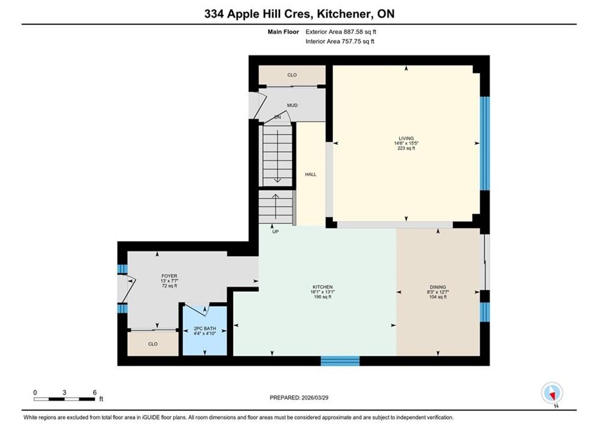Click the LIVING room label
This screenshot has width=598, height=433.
coord(406,138)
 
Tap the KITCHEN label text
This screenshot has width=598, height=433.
coord(323,287)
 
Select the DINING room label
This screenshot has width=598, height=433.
coord(438,287)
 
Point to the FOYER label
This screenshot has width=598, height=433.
coord(169,276)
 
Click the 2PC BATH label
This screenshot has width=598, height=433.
coord(205,328)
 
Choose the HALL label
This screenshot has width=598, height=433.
coord(311,174)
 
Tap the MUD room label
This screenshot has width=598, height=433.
coord(292,105)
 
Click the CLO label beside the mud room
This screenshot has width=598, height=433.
coord(292,75)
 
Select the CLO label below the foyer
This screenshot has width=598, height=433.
coord(153,344)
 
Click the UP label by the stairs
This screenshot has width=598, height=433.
coord(275,232)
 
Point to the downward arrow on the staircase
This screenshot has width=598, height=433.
coord(277,156)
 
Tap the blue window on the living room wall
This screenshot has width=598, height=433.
coord(484,144)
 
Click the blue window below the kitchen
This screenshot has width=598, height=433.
coord(340,360)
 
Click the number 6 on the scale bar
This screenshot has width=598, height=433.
coord(94,392)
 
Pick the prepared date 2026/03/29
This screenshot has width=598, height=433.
coord(315,398)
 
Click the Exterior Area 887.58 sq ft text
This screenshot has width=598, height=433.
coord(341,32)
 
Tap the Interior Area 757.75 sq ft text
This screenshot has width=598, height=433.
coord(340,41)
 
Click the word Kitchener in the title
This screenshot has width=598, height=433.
coord(345,14)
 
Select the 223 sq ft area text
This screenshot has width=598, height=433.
coord(406,148)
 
